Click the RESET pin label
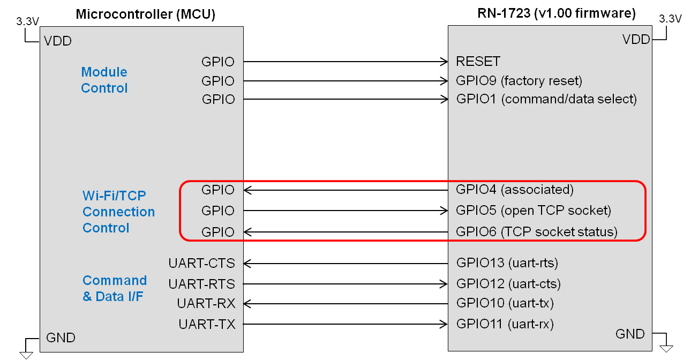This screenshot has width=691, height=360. (x=478, y=61)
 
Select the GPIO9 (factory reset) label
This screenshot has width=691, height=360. (x=519, y=81)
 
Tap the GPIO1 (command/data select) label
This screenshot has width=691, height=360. (x=546, y=99)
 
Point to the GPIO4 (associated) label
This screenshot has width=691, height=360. (x=515, y=189)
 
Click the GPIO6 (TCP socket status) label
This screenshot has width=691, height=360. (x=537, y=232)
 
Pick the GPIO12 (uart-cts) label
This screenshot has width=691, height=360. (x=508, y=283)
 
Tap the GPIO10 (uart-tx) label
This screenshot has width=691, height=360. (x=505, y=303)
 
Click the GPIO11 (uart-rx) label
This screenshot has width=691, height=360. (x=505, y=324)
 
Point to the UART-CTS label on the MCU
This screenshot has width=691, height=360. (x=201, y=263)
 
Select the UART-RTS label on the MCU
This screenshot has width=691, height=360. (x=201, y=283)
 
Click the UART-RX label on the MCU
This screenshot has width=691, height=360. (x=206, y=303)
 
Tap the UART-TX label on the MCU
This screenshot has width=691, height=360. (x=207, y=324)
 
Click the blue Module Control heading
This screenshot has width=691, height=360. (x=104, y=80)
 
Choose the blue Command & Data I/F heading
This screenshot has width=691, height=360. (x=114, y=288)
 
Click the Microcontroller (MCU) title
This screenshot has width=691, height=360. (x=145, y=14)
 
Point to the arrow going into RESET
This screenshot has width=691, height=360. (x=345, y=61)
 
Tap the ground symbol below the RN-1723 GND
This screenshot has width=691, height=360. (x=666, y=348)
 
